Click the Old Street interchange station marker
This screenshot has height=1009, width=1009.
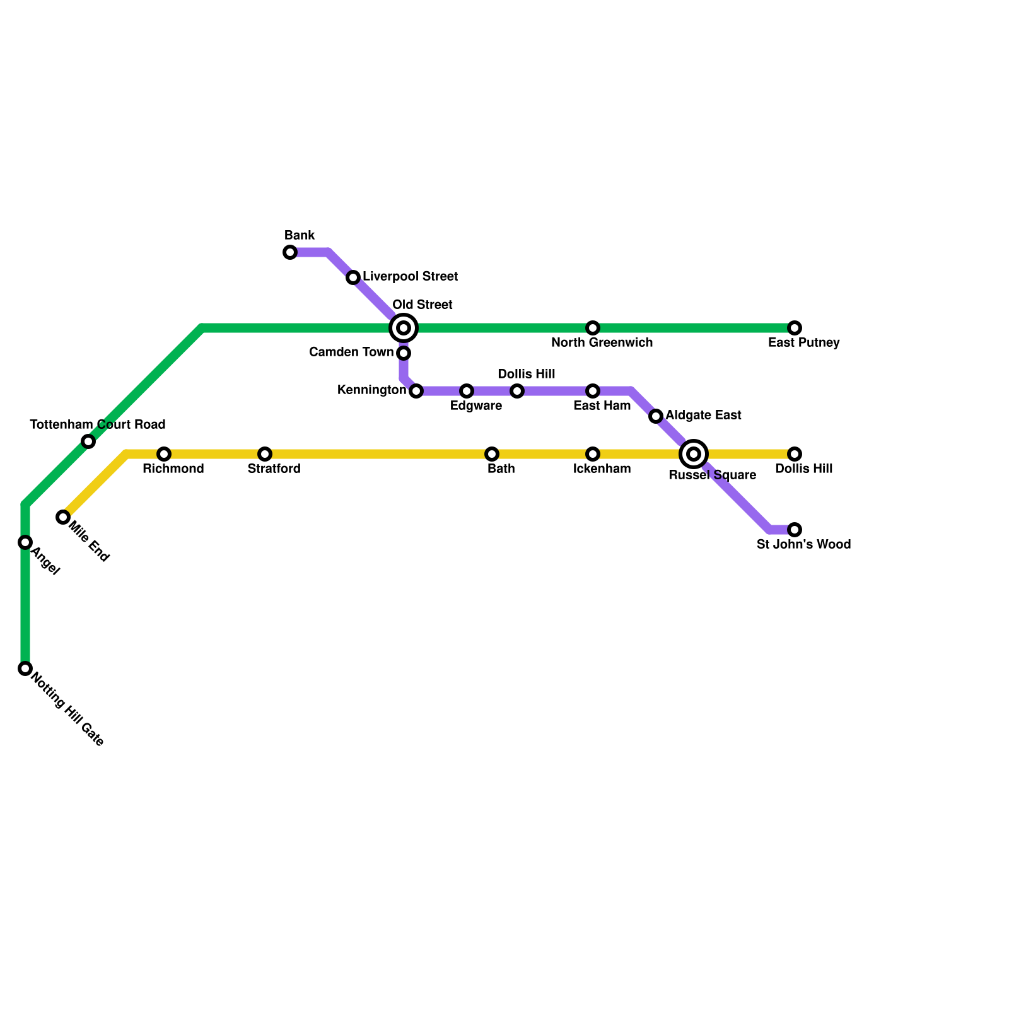[404, 328]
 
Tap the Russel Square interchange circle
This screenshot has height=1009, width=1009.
[694, 454]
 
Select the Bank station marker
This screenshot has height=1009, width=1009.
[290, 253]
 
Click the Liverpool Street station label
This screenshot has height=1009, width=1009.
[410, 277]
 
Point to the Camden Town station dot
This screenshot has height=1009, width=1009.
[404, 353]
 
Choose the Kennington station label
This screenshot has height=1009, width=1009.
[371, 390]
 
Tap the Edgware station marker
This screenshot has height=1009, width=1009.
[467, 391]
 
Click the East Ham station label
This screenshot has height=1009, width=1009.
[602, 406]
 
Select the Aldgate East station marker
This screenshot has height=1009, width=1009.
[656, 416]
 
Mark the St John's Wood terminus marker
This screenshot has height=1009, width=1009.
[795, 530]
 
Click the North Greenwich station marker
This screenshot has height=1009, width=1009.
[593, 328]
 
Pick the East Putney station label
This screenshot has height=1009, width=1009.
[803, 343]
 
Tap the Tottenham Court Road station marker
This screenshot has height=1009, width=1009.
[89, 441]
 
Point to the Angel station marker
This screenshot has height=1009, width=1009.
[25, 542]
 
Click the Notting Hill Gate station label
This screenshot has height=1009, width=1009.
[67, 710]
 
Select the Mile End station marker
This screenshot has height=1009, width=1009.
[63, 517]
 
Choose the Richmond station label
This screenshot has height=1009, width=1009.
[173, 469]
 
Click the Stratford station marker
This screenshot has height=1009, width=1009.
[265, 454]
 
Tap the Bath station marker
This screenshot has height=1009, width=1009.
[492, 454]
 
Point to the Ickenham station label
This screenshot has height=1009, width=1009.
[602, 469]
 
